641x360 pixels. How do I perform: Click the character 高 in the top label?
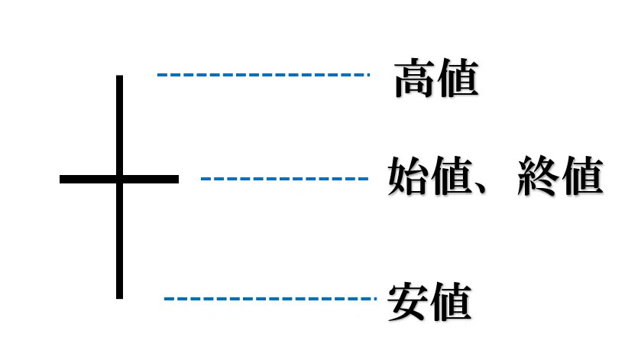coord(415,78)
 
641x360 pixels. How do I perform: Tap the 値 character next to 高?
coord(458,78)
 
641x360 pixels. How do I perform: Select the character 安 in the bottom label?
coord(407,302)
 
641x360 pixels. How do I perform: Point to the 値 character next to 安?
coord(452,302)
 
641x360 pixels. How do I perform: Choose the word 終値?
coord(560,176)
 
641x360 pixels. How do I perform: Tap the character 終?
coord(538,176)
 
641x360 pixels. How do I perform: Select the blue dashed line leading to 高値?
coord(264,75)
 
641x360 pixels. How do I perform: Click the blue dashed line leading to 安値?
coord(270,299)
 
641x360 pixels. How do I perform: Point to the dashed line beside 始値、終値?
coord(284,179)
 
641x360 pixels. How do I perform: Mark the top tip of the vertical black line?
coord(119,76)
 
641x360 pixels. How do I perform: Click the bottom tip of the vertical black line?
coord(119,299)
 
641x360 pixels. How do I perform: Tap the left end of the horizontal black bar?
coord(60,179)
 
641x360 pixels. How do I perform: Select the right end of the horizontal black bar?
coord(178,179)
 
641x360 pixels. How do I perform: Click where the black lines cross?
coord(119,179)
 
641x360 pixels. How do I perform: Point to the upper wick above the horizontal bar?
coord(119,125)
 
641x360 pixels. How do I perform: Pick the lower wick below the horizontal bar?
coord(119,241)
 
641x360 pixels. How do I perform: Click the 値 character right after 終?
coord(582,176)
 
